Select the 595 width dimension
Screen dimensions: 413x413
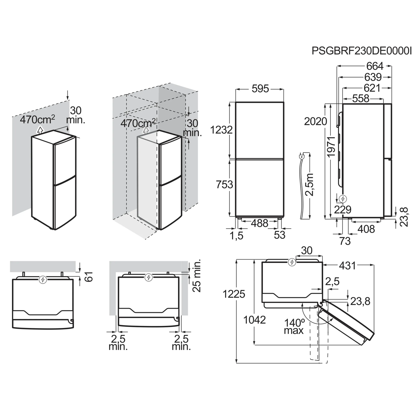pyautogui.click(x=260, y=88)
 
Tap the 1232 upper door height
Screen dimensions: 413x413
pyautogui.click(x=221, y=130)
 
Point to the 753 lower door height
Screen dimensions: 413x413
pyautogui.click(x=224, y=184)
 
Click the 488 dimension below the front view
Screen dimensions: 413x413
pyautogui.click(x=260, y=223)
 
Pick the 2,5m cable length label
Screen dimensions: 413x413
pyautogui.click(x=309, y=184)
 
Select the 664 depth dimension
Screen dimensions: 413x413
pyautogui.click(x=375, y=66)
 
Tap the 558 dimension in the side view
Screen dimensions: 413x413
pyautogui.click(x=361, y=98)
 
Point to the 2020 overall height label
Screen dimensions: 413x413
pyautogui.click(x=316, y=121)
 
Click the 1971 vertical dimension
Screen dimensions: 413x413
pyautogui.click(x=331, y=147)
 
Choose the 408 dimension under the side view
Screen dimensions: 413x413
pyautogui.click(x=366, y=229)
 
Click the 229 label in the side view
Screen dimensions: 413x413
pyautogui.click(x=343, y=210)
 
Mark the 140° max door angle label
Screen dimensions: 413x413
pyautogui.click(x=294, y=326)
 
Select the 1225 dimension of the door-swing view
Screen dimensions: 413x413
pyautogui.click(x=234, y=294)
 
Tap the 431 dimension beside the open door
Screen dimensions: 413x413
pyautogui.click(x=347, y=266)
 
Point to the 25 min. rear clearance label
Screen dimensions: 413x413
pyautogui.click(x=197, y=276)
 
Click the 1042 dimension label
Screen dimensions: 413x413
pyautogui.click(x=255, y=320)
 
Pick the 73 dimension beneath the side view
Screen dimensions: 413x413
pyautogui.click(x=345, y=241)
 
